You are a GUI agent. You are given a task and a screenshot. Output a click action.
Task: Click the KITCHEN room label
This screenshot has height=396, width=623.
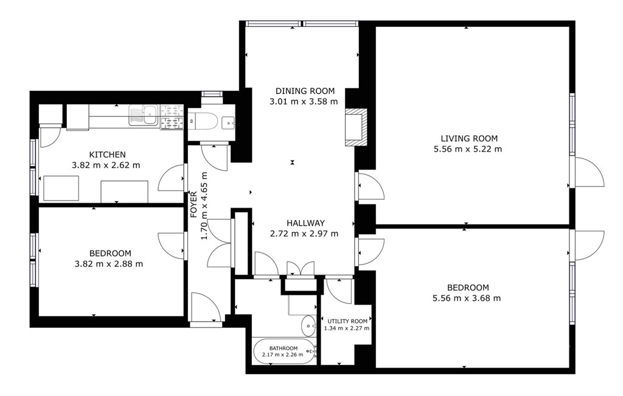point(107,154)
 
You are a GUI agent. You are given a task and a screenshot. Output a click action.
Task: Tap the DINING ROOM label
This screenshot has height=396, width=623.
point(305,91)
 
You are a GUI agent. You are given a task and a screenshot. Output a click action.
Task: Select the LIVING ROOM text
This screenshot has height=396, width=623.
point(469,138)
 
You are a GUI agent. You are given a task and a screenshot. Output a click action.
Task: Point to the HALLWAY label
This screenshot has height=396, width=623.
point(305,223)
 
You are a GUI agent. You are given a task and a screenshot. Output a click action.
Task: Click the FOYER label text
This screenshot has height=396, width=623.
point(194,205)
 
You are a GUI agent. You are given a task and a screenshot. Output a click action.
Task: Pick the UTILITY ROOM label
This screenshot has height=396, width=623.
point(347,321)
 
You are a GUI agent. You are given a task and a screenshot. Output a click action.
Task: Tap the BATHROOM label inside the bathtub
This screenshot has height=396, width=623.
point(284,348)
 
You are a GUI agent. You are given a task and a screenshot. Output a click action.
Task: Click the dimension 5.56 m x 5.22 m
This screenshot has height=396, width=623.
point(468,149)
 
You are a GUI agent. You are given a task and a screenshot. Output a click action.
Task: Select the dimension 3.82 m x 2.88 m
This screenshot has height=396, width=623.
point(109,264)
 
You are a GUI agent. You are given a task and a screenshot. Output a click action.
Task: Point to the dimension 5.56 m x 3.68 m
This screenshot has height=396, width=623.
point(467,298)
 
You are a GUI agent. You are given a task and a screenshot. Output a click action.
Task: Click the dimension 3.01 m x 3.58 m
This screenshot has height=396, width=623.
point(304,102)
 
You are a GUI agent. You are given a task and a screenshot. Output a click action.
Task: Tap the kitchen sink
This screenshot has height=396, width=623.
point(144,115)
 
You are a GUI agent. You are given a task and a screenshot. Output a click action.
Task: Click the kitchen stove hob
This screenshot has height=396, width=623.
point(172,117)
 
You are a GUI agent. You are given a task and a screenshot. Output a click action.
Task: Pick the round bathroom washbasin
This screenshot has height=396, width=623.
point(308,325)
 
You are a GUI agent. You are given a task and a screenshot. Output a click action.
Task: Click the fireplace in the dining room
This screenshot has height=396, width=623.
point(356,127)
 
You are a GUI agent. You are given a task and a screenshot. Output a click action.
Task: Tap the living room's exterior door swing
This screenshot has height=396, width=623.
point(589,172)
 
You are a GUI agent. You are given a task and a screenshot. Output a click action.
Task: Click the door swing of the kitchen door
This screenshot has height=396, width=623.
point(171,178)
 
